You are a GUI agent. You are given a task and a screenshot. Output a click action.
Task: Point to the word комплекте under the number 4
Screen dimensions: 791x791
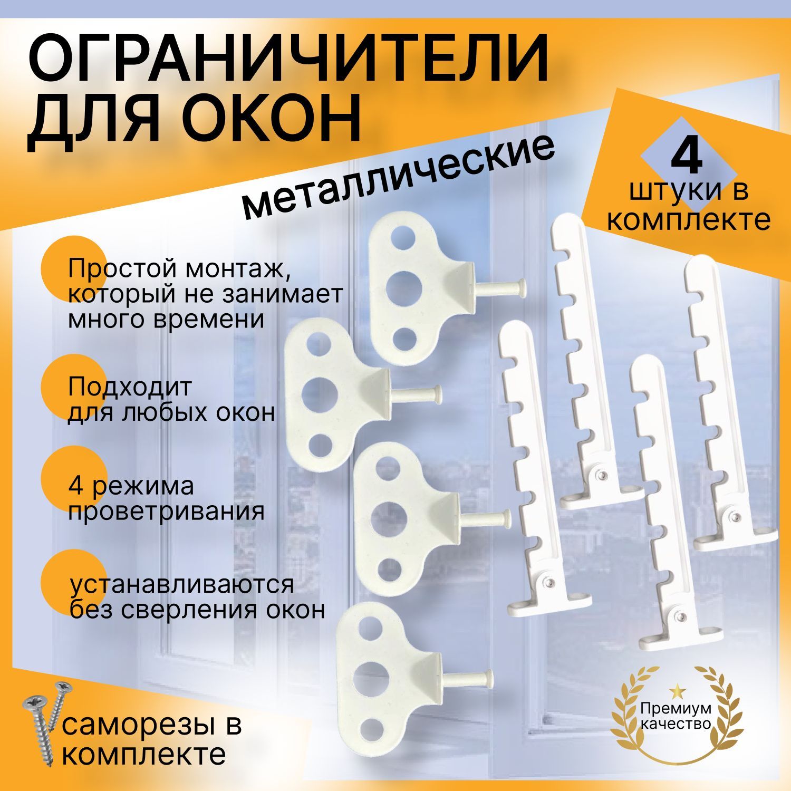tap(688, 220)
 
